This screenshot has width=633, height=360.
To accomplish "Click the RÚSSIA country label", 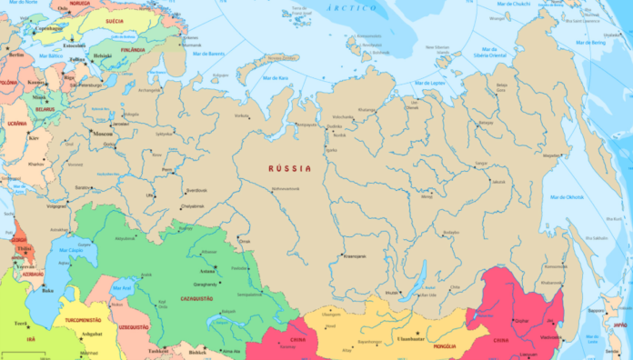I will [289, 168].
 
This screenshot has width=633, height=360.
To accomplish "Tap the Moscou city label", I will [102, 133].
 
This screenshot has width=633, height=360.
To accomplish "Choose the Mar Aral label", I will [122, 288].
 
